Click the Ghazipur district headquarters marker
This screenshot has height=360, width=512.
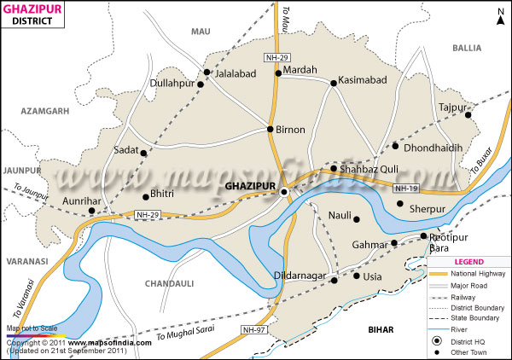[285, 194]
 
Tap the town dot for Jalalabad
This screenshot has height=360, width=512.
[207, 72]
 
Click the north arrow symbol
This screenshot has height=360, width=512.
[499, 15]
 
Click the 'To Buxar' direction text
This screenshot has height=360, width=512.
[483, 177]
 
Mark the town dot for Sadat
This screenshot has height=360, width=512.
[144, 154]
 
